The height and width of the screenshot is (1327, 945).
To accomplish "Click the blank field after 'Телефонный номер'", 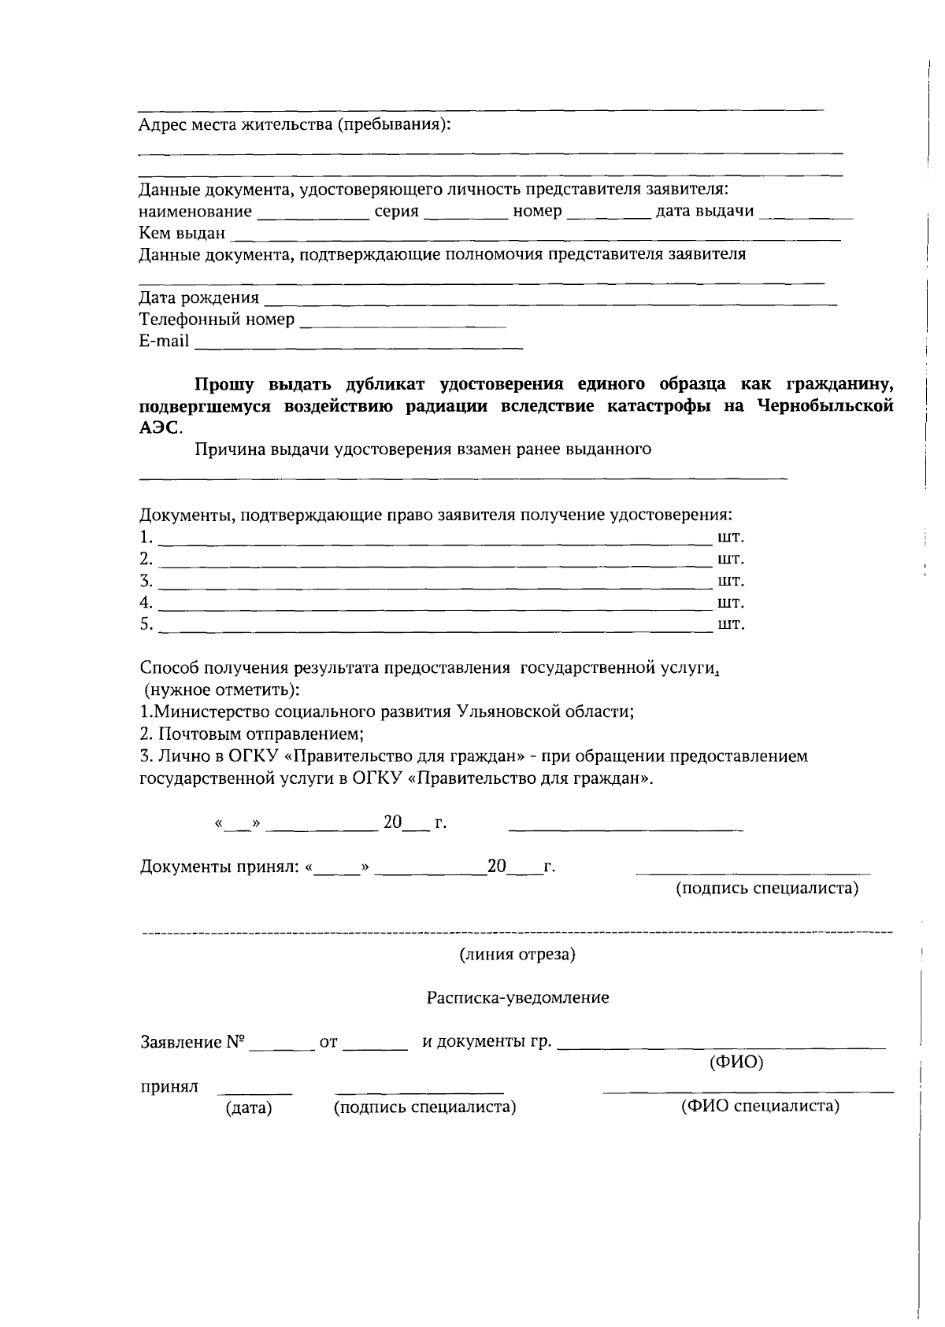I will coord(403,323).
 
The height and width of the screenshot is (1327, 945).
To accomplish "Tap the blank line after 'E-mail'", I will coord(358,345).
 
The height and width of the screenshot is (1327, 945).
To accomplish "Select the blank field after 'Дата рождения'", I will coord(550,301).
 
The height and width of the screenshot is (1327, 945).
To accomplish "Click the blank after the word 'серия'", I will coord(465,215).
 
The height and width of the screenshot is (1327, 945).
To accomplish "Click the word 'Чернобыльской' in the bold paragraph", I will coord(825,406).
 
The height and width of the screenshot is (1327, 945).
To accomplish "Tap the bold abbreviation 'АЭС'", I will coord(159,428).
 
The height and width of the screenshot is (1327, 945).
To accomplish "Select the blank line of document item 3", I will coord(435,585).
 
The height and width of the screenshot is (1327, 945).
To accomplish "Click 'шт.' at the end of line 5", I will coord(731,625).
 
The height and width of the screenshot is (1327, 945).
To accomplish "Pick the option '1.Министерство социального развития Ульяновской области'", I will coord(387,712).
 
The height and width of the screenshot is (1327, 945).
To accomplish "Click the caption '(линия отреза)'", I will coord(517,955).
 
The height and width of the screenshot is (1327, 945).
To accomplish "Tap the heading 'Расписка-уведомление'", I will coord(517,998).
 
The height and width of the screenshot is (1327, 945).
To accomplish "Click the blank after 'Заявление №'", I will coord(282,1047).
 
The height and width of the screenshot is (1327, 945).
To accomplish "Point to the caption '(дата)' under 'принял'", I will coord(248,1108).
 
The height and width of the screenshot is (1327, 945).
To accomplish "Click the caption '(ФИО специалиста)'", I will coord(759,1107).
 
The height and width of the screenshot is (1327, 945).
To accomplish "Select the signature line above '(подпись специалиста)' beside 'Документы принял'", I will coord(753,872).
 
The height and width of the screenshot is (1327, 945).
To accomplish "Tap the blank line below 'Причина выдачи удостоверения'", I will coord(463,476).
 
